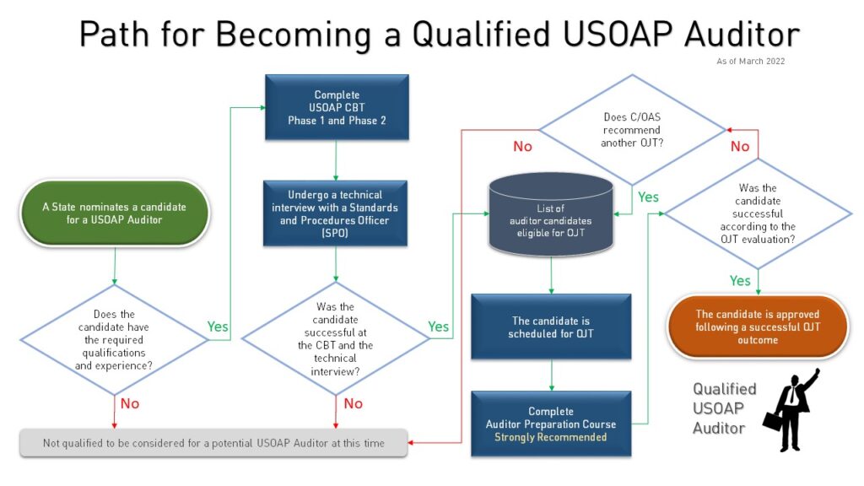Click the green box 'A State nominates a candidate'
(114, 213)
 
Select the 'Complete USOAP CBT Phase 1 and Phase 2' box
(336, 107)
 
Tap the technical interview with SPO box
(336, 213)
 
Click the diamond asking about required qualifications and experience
(113, 340)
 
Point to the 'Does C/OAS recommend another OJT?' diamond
(631, 130)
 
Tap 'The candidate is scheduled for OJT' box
(551, 327)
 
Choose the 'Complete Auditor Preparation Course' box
(551, 424)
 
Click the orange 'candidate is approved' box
(757, 327)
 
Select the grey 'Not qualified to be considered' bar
(213, 443)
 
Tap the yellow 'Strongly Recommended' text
(551, 437)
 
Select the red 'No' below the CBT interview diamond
(353, 403)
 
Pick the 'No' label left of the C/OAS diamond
(523, 147)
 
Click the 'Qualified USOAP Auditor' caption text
(724, 408)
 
